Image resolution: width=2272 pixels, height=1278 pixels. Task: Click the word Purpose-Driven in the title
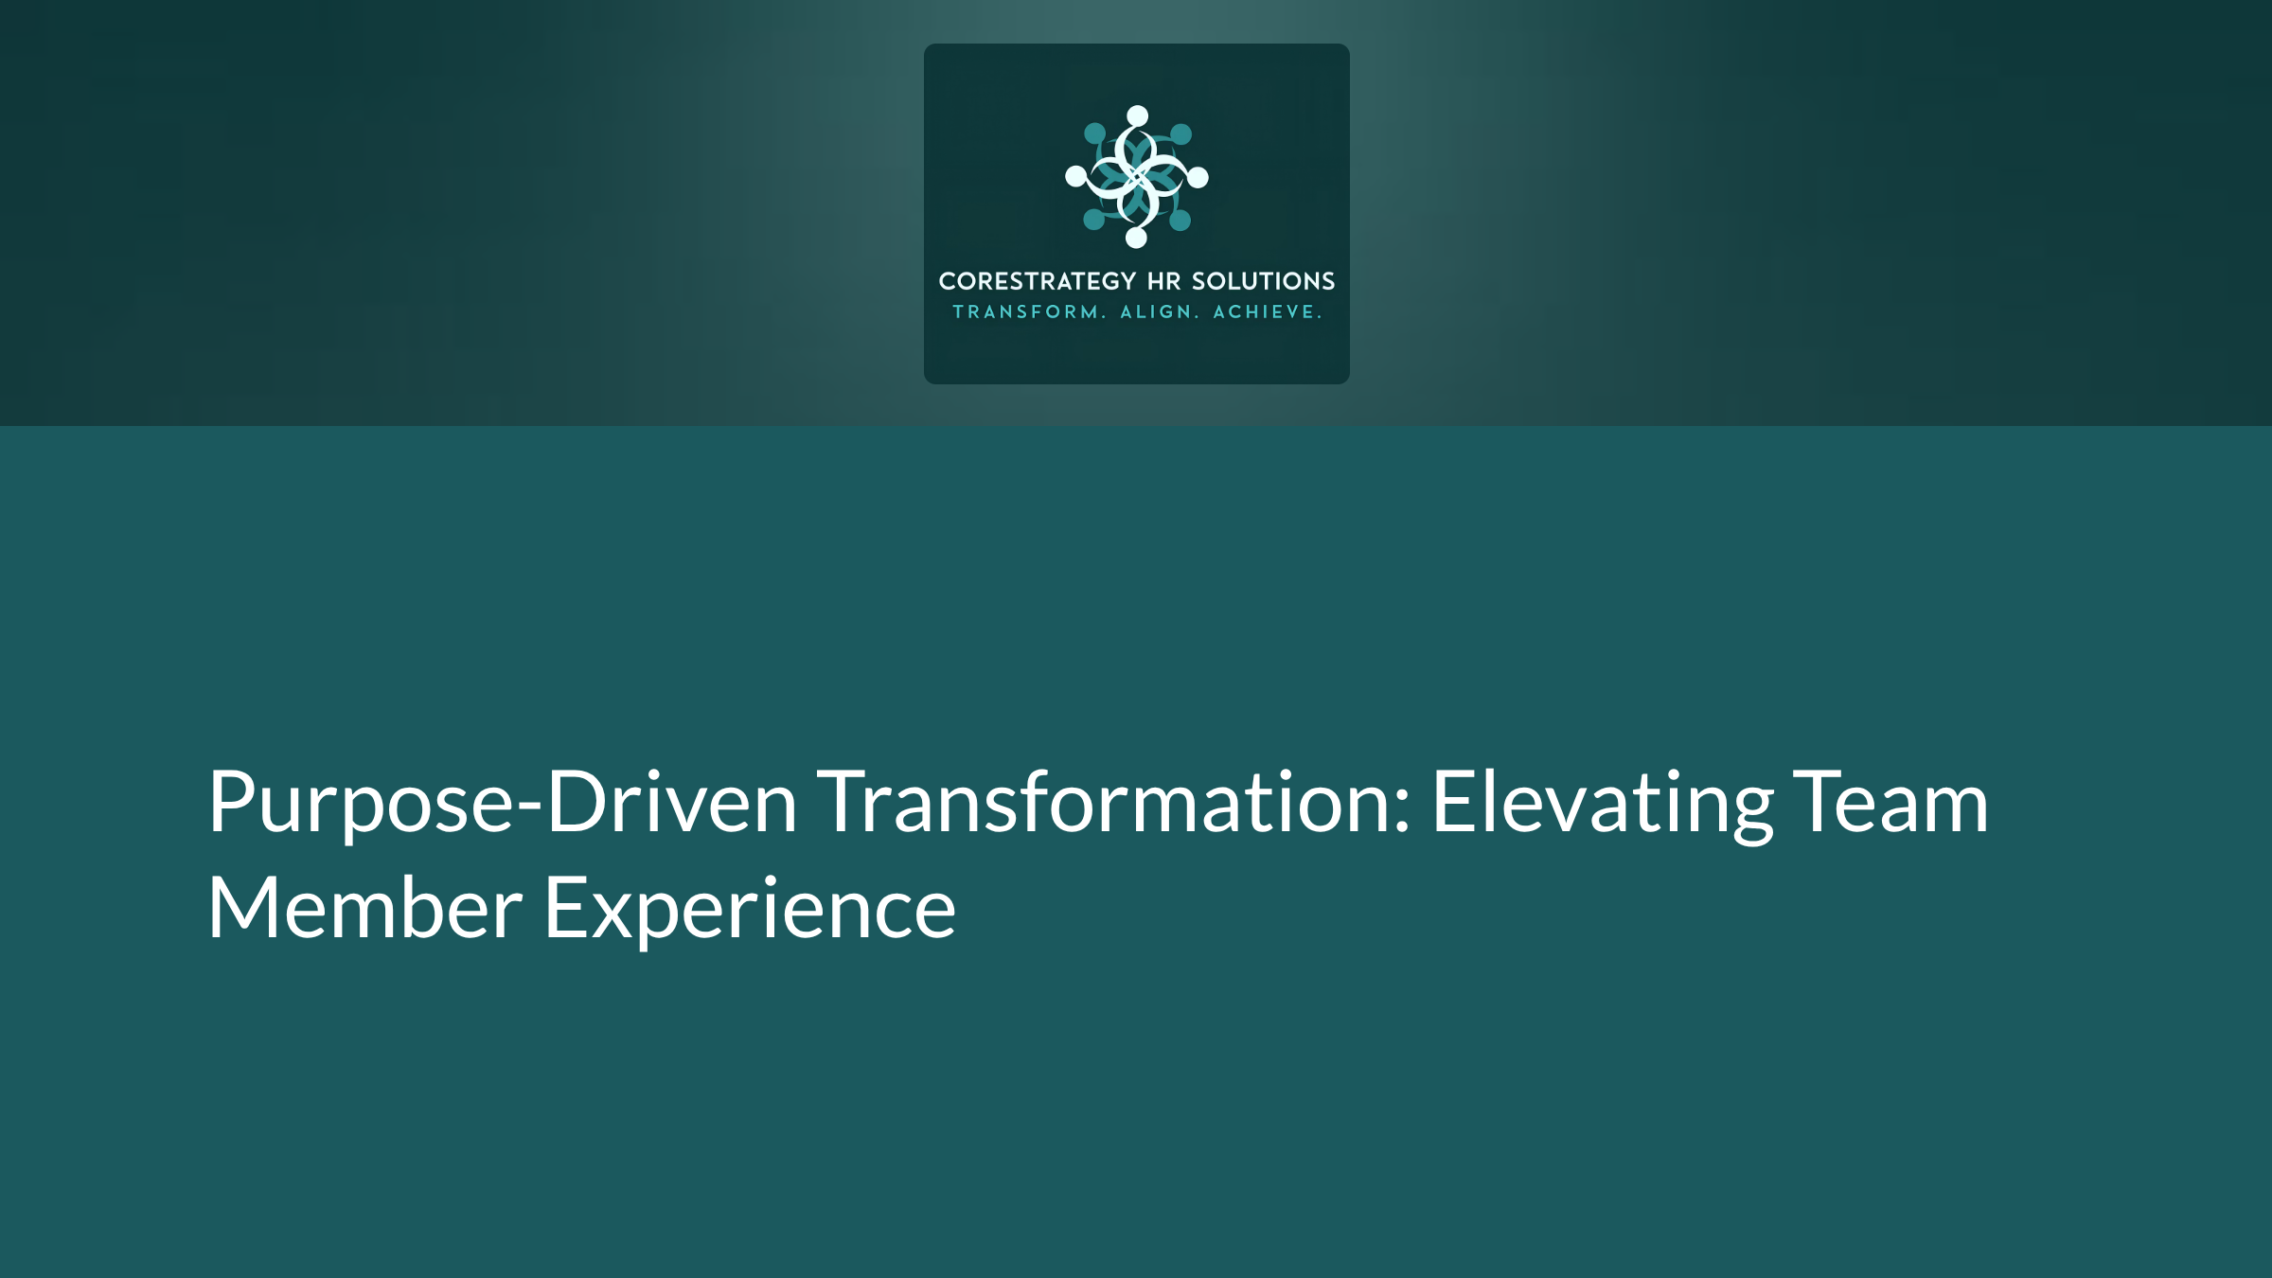coord(502,803)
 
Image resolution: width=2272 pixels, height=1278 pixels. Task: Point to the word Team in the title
coord(1891,803)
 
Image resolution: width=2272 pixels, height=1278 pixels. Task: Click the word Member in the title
coord(364,909)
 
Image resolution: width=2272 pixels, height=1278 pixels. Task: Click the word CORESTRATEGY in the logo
coord(1037,281)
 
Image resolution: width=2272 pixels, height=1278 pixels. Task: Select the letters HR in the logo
coord(1163,281)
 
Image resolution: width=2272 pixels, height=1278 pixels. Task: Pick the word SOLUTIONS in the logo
coord(1263,281)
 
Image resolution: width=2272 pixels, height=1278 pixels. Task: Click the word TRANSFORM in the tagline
coord(1026,312)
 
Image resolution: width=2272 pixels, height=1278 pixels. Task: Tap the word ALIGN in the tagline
coord(1156,312)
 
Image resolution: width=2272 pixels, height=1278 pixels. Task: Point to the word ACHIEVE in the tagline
coord(1265,312)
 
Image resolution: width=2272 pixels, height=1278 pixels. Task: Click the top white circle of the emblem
coord(1138,115)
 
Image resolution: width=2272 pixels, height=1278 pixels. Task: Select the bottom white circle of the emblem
coord(1137,238)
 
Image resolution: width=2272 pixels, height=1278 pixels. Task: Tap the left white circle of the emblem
coord(1076,176)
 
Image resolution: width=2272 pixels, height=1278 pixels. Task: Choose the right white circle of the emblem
coord(1198,177)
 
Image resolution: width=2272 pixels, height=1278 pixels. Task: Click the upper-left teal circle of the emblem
coord(1094,133)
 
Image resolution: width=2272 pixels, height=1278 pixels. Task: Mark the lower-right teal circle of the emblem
coord(1180,221)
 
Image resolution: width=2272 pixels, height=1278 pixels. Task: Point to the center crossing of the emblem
coord(1137,177)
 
